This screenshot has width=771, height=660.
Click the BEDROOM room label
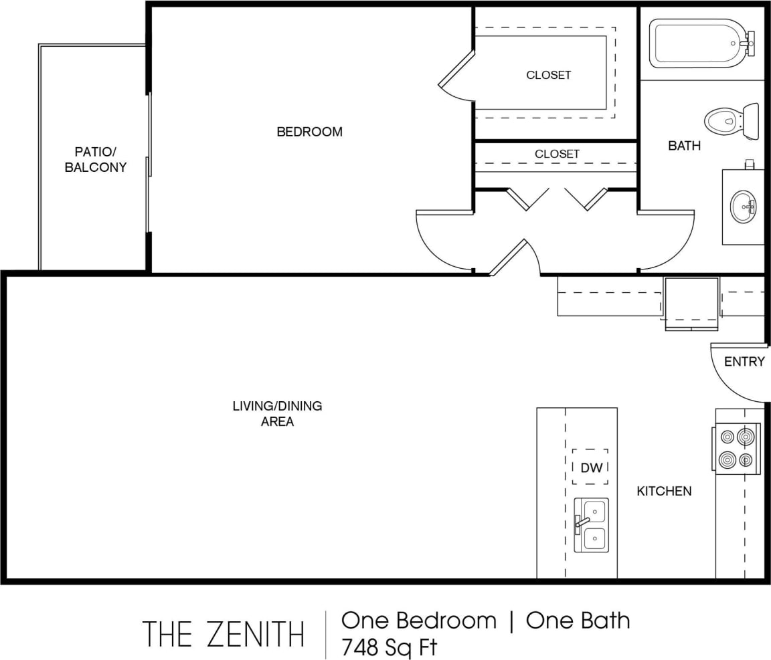pos(309,132)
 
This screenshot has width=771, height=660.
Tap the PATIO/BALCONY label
pos(95,160)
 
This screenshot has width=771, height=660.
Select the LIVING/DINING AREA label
pos(277,413)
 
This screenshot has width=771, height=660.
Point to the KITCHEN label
pos(664,491)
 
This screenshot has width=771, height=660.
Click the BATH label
pos(684,145)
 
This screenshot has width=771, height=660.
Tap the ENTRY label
pos(744,362)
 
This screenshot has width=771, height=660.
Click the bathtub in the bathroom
pos(699,43)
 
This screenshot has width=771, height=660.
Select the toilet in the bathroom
pos(730,122)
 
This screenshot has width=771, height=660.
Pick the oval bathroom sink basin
pos(743,207)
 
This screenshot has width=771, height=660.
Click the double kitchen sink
pos(592,525)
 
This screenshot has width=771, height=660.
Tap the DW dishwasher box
pos(591,467)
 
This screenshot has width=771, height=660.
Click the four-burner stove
pos(736,449)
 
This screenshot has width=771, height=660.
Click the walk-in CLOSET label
pos(548,75)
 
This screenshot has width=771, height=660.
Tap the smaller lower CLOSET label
pos(557,154)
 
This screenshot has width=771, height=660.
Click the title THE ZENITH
pos(224,633)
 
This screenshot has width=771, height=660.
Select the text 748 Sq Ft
pos(390,647)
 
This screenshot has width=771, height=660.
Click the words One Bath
pos(578,621)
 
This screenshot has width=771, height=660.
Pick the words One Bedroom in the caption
pos(419,621)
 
